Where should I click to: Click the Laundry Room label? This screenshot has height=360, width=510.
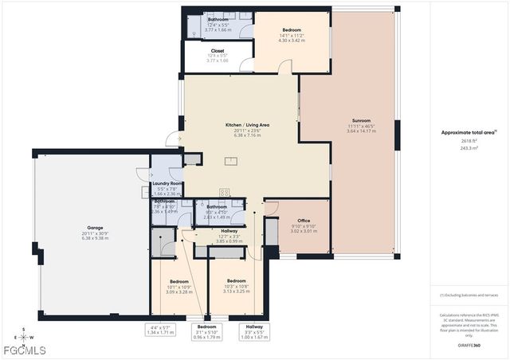(167, 183)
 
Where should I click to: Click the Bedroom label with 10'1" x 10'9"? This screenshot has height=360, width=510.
(179, 281)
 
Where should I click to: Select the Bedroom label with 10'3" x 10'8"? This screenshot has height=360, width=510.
(237, 281)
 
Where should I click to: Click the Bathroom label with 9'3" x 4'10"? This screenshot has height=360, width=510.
(217, 207)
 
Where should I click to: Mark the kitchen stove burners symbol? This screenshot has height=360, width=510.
(226, 191)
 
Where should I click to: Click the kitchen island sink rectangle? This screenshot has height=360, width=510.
(231, 161)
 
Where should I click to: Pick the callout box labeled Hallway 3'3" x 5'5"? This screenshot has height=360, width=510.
(254, 330)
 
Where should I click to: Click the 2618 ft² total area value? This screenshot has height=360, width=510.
(464, 140)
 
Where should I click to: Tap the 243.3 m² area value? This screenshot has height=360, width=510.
(464, 148)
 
